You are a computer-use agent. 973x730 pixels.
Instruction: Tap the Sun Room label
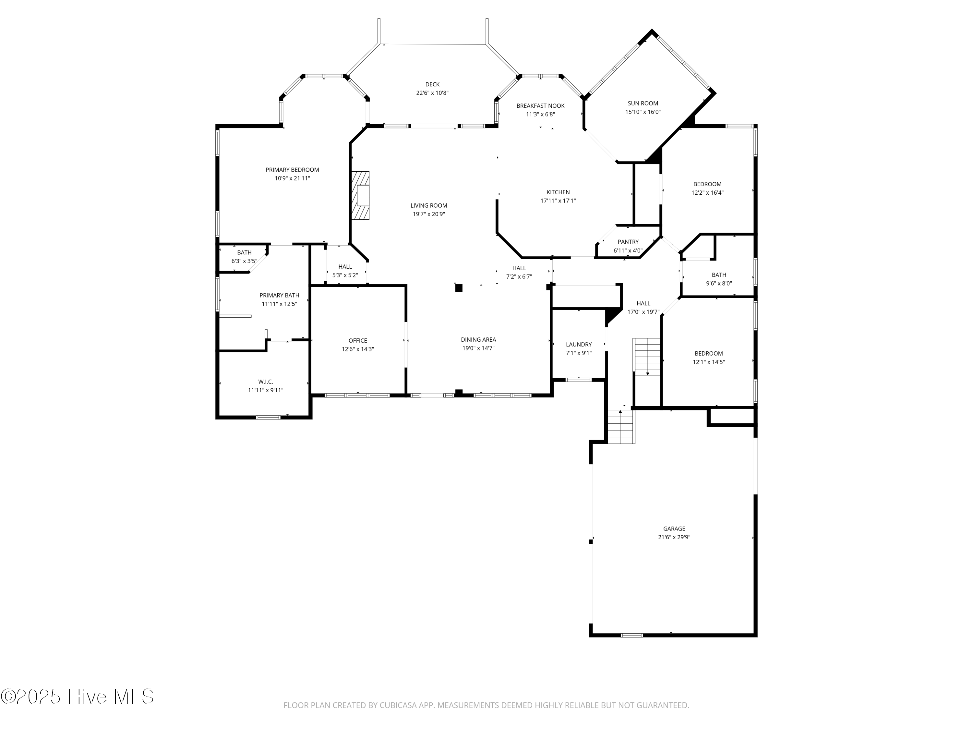coord(643,103)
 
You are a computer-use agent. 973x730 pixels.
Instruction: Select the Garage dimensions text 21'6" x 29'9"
coord(674,537)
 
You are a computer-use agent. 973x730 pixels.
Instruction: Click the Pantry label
coord(628,242)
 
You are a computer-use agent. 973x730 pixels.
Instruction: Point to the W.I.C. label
coord(265,382)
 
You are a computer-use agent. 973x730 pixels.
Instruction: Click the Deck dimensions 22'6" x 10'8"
coord(432,93)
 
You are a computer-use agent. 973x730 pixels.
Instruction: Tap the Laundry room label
coord(578,345)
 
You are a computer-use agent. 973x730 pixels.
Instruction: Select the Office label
coord(358,341)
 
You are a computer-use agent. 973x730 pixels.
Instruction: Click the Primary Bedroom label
coord(292,170)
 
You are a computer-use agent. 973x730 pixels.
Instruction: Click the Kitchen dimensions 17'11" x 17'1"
coord(558,201)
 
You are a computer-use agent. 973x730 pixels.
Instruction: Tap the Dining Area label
coord(478,340)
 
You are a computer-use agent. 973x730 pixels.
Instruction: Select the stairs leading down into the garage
coord(621,427)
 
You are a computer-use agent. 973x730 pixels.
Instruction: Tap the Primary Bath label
coord(279,295)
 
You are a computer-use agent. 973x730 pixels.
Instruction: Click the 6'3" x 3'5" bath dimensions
coord(244,261)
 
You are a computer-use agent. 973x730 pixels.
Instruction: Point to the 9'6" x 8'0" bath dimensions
coord(719,283)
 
